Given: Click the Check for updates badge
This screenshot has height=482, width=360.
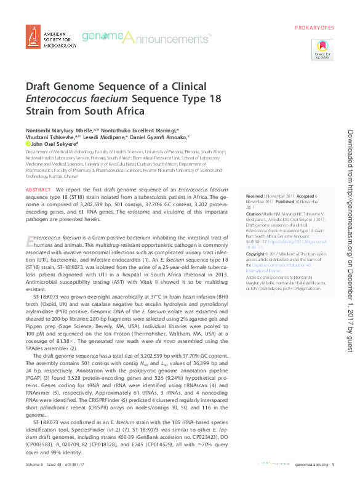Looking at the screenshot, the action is point(322,49).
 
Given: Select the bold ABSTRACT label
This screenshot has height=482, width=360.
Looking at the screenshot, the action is point(39,190).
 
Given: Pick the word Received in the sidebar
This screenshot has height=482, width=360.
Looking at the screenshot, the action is point(256,195).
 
